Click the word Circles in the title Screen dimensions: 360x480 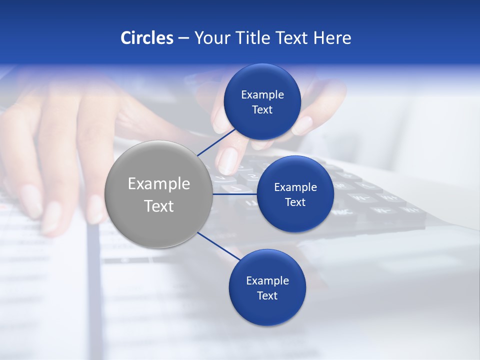pyautogui.click(x=146, y=38)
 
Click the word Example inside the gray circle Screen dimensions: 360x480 pyautogui.click(x=158, y=184)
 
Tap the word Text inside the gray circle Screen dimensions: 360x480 pyautogui.click(x=158, y=206)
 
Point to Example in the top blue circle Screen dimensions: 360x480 pyautogui.click(x=262, y=95)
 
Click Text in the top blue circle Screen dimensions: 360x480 pyautogui.click(x=262, y=110)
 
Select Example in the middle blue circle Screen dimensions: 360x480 pyautogui.click(x=295, y=187)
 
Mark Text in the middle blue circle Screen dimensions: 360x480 pyautogui.click(x=295, y=202)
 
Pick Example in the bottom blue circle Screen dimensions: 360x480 pyautogui.click(x=267, y=281)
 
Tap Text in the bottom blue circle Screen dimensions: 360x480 pyautogui.click(x=267, y=296)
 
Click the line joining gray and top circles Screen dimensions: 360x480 pyautogui.click(x=216, y=142)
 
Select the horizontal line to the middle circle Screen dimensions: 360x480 pyautogui.click(x=234, y=194)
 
